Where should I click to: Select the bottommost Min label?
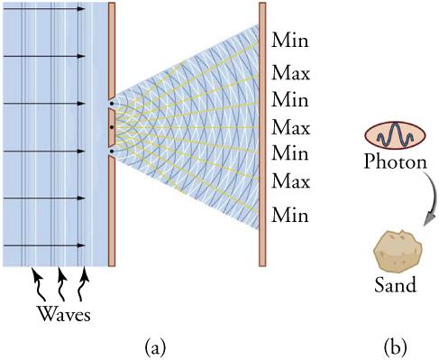pos(289,216)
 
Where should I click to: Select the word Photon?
pos(390,163)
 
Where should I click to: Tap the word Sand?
pos(395,286)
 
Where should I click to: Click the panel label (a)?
pos(155,345)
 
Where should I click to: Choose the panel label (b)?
pos(394,345)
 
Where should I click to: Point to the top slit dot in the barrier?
pos(111,104)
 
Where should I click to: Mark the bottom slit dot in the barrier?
pos(111,152)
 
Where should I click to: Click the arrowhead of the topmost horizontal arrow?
pos(83,8)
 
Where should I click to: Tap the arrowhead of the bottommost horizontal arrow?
pos(83,245)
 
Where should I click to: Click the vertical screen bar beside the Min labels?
pos(262,135)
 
